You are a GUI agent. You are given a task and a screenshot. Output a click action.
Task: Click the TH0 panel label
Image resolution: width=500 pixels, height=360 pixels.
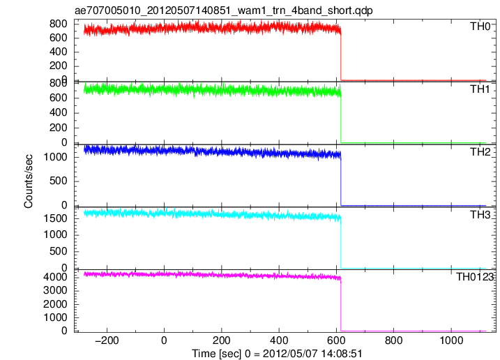pyautogui.click(x=480, y=27)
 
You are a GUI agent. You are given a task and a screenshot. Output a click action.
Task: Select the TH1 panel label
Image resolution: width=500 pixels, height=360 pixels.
pyautogui.click(x=480, y=89)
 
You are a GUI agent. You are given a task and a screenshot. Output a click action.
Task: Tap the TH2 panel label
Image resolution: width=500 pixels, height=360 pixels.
pyautogui.click(x=480, y=152)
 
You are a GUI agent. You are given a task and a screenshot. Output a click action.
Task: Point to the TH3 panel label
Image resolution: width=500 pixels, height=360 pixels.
pyautogui.click(x=480, y=215)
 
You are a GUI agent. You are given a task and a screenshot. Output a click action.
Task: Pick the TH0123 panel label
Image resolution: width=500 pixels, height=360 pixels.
pyautogui.click(x=475, y=277)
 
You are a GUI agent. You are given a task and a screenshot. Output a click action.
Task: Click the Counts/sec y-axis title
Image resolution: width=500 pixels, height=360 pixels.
pyautogui.click(x=28, y=181)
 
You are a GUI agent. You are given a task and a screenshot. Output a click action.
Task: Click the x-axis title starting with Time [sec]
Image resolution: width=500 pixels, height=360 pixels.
pyautogui.click(x=277, y=354)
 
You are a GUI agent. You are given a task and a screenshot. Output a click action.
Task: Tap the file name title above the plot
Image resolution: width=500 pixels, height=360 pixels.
pyautogui.click(x=224, y=10)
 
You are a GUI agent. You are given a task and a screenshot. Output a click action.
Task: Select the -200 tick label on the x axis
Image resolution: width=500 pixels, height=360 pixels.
pyautogui.click(x=107, y=340)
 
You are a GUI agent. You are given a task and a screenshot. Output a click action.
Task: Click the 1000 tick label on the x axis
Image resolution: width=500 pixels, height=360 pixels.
pyautogui.click(x=451, y=340)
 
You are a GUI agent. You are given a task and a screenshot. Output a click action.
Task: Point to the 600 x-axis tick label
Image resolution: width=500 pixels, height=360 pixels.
pyautogui.click(x=336, y=340)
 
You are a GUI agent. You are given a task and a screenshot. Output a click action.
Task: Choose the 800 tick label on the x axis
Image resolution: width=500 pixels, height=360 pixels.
pyautogui.click(x=394, y=340)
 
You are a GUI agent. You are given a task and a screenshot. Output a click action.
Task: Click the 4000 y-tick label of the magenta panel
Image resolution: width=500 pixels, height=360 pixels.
pyautogui.click(x=56, y=277)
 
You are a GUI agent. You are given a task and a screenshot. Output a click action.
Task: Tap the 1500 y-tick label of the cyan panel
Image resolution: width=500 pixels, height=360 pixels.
pyautogui.click(x=56, y=218)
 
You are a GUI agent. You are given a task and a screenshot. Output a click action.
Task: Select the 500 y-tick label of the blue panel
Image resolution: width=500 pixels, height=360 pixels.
pyautogui.click(x=59, y=181)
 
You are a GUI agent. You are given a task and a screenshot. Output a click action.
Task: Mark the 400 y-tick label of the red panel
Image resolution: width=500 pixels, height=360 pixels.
pyautogui.click(x=59, y=52)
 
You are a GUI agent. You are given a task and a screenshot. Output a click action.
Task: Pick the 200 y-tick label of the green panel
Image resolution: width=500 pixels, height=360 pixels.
pyautogui.click(x=59, y=128)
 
